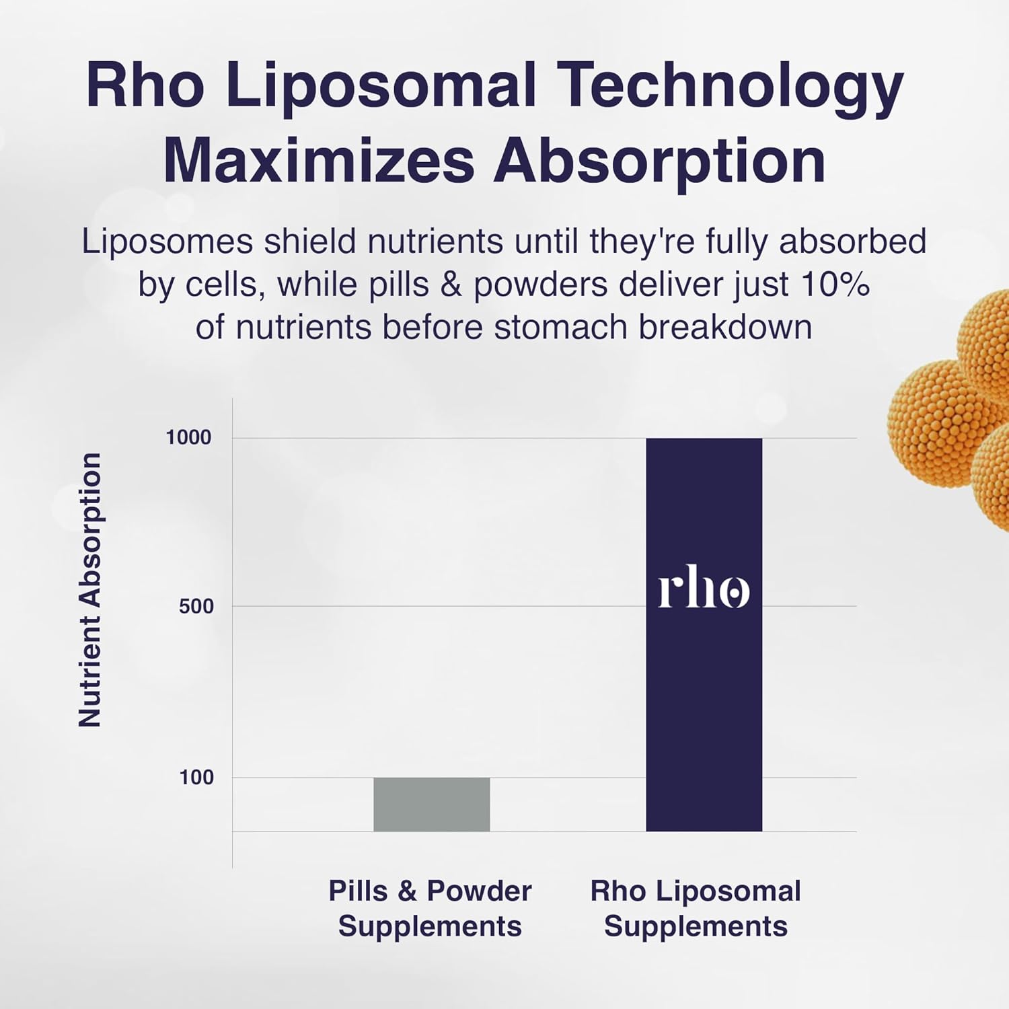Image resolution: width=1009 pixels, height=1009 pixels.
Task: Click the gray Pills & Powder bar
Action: [x=431, y=804]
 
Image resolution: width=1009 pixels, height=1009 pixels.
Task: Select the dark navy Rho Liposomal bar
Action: [x=704, y=706]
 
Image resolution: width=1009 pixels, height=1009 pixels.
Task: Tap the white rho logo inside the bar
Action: [x=704, y=590]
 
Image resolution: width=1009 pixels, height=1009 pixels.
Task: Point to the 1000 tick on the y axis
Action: [x=188, y=437]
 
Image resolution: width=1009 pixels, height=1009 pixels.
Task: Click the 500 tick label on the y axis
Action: [x=196, y=606]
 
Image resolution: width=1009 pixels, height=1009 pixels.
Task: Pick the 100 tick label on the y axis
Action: [x=196, y=778]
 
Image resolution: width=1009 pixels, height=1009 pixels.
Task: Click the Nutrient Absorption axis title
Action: [x=90, y=590]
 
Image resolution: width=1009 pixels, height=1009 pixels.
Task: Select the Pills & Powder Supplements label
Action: [x=430, y=908]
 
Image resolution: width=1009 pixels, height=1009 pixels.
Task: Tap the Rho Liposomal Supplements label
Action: [x=696, y=908]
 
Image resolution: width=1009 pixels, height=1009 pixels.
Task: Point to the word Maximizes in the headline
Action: [x=319, y=161]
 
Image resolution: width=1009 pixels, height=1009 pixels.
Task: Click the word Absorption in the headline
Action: [x=659, y=161]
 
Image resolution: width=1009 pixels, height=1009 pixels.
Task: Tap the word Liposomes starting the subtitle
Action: [x=167, y=241]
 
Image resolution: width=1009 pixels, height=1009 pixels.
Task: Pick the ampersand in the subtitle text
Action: [x=451, y=285]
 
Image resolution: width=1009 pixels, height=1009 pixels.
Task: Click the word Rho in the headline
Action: [x=145, y=86]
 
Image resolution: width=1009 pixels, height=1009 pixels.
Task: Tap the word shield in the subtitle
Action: [x=309, y=241]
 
